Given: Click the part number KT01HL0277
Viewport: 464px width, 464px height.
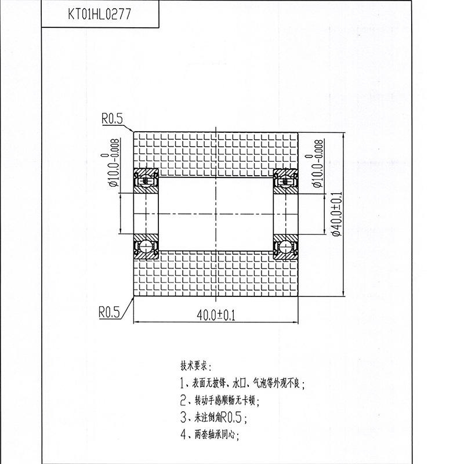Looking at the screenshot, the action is (x=99, y=14).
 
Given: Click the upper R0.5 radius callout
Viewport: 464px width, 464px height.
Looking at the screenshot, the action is (x=112, y=119).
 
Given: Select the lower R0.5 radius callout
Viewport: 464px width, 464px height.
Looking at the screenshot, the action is (x=110, y=312).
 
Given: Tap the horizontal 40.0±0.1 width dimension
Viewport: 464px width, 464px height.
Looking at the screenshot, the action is (x=216, y=316).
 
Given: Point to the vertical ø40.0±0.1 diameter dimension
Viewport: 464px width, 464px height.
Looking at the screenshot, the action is (x=337, y=214).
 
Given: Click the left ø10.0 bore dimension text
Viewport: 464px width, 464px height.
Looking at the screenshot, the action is (x=114, y=163).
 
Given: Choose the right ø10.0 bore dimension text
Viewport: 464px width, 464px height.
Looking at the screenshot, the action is (x=317, y=164).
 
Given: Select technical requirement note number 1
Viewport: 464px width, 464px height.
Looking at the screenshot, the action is (x=242, y=383).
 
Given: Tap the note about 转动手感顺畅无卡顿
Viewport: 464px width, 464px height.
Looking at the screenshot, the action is (x=220, y=401).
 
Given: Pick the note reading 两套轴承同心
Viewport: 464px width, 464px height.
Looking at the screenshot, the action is (x=209, y=434).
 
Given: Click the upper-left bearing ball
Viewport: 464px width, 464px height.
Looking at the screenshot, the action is (x=146, y=180).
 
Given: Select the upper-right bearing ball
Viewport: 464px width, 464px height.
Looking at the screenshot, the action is (x=285, y=181).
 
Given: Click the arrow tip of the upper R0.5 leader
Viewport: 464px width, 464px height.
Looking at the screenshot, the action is (x=133, y=132).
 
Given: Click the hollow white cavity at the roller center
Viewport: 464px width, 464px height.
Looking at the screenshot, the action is (x=216, y=214).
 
